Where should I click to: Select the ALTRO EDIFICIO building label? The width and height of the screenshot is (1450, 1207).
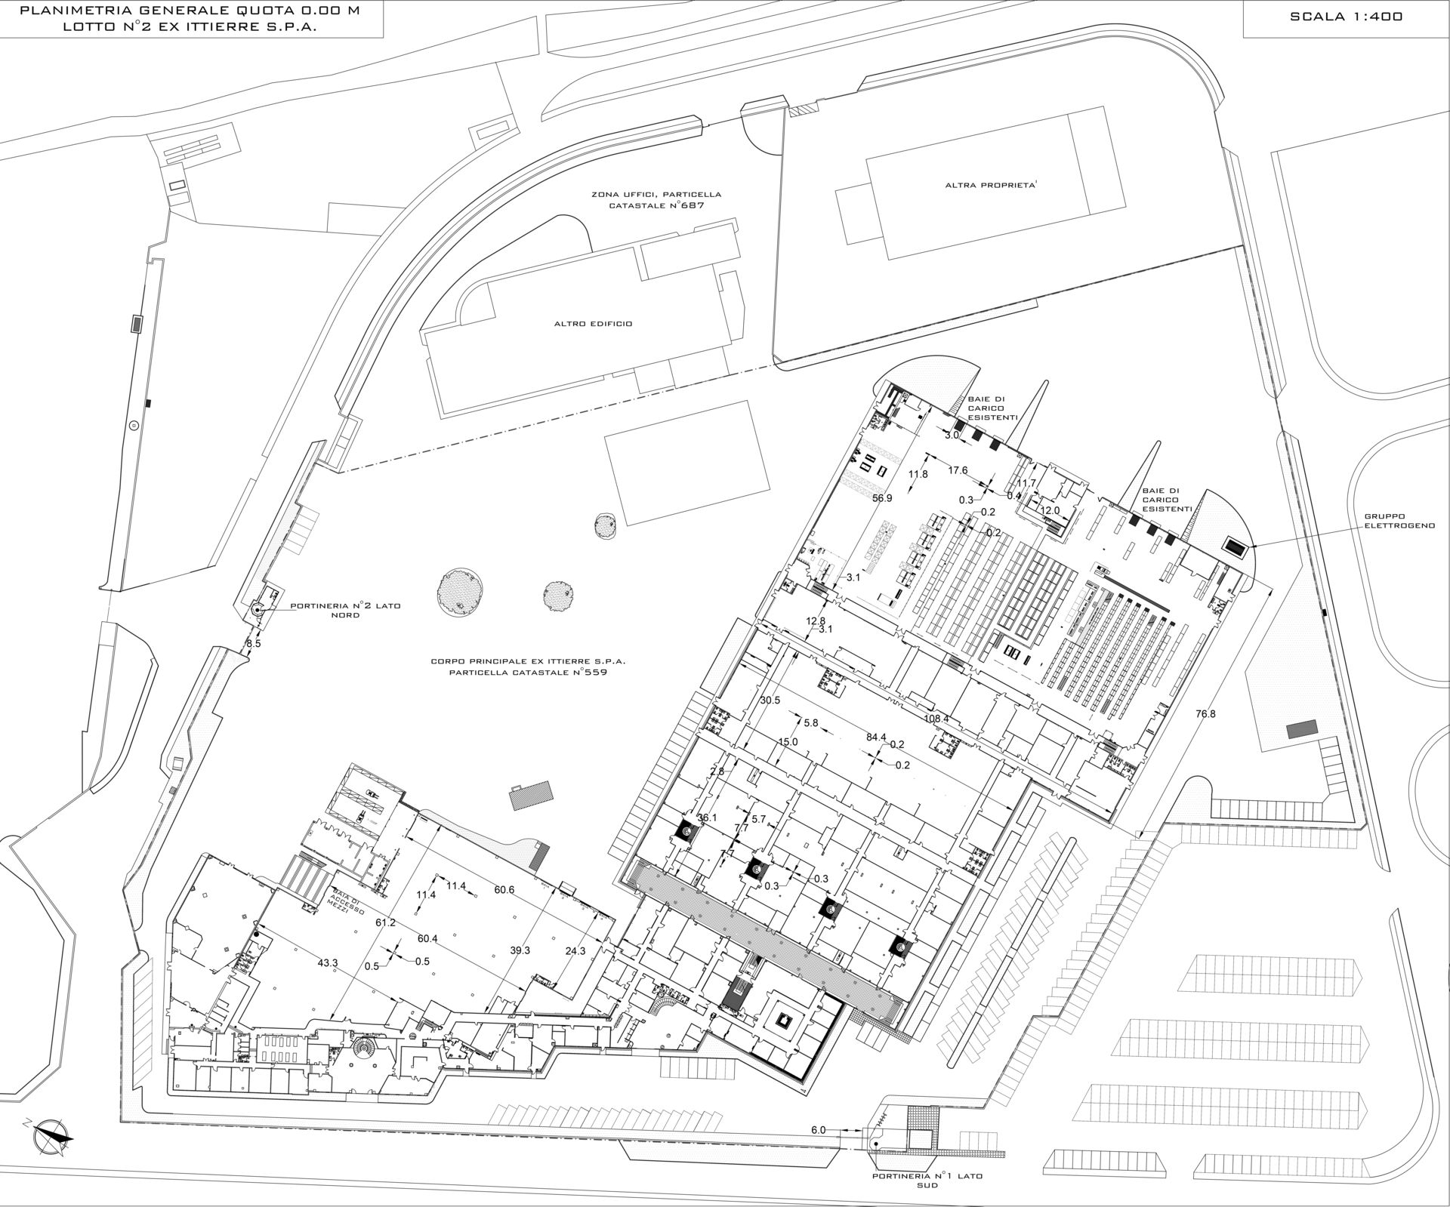tap(593, 324)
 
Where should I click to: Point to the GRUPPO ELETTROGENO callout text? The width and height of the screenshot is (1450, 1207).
tap(1399, 521)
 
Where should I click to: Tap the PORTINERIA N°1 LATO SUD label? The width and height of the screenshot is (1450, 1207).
tap(927, 1181)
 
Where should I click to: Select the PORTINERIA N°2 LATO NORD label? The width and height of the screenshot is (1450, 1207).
tap(346, 610)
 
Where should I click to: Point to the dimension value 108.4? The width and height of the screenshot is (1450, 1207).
tap(936, 719)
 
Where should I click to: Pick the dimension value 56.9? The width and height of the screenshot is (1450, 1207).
tap(882, 498)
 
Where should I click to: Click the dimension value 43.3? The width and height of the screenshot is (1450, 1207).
tap(328, 963)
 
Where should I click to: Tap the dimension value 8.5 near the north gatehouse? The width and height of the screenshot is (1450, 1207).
tap(254, 644)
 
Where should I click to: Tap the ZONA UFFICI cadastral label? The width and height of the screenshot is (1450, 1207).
tap(649, 199)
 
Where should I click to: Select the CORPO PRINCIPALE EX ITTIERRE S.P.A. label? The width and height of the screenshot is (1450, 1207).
tap(529, 665)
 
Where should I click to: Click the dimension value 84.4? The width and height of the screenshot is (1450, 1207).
tap(876, 737)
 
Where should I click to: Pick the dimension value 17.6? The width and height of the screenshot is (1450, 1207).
tap(958, 470)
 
